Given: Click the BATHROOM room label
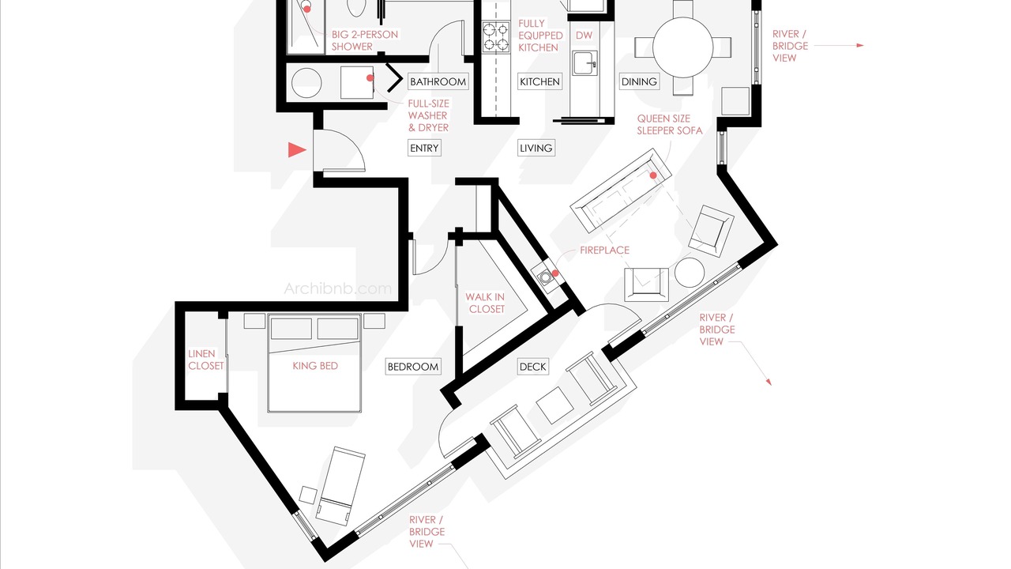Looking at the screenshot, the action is (x=438, y=81).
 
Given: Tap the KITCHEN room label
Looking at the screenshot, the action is (x=539, y=81).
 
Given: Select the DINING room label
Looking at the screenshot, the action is (x=639, y=81).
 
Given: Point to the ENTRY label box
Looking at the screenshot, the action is (x=424, y=148).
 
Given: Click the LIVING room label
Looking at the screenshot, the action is (x=536, y=148).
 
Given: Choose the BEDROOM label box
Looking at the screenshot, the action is (x=413, y=367).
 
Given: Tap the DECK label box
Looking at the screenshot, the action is (x=533, y=367).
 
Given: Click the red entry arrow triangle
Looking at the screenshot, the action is (x=296, y=150).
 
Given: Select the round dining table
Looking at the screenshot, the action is (x=683, y=47).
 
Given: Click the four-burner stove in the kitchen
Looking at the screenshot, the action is (x=495, y=37).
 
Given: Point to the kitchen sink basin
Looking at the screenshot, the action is (x=585, y=62).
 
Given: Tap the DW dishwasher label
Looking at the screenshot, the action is (x=584, y=36).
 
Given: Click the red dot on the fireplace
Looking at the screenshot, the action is (x=555, y=273).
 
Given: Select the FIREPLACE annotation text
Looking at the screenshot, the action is (x=604, y=251).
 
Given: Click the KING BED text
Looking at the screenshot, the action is (x=315, y=366).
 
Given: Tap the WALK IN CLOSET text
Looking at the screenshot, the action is (x=486, y=303).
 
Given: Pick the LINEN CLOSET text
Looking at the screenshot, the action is (x=206, y=360).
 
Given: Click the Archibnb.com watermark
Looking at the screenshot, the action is (x=337, y=288).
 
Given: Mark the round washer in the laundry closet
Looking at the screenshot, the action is (x=306, y=83).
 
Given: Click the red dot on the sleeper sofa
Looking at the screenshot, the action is (x=653, y=175).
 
